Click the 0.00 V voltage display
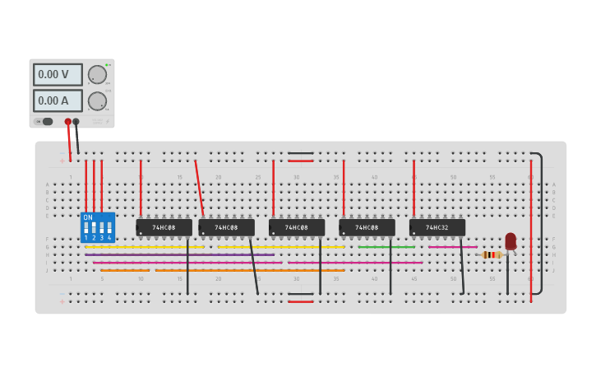(x=58, y=74)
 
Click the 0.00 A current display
(x=58, y=100)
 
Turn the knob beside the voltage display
(x=97, y=74)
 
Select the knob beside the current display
(x=97, y=100)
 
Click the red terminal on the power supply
(x=68, y=122)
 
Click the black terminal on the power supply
(x=76, y=122)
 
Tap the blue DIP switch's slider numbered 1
(x=85, y=226)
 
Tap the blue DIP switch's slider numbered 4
(x=109, y=226)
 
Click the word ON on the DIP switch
(x=88, y=217)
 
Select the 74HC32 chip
(x=437, y=227)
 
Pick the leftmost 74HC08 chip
(x=164, y=227)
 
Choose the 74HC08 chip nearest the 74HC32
(x=367, y=227)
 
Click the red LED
(x=511, y=240)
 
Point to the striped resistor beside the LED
(x=492, y=254)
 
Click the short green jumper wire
(x=386, y=247)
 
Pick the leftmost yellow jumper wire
(x=144, y=247)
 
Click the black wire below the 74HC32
(x=461, y=268)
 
